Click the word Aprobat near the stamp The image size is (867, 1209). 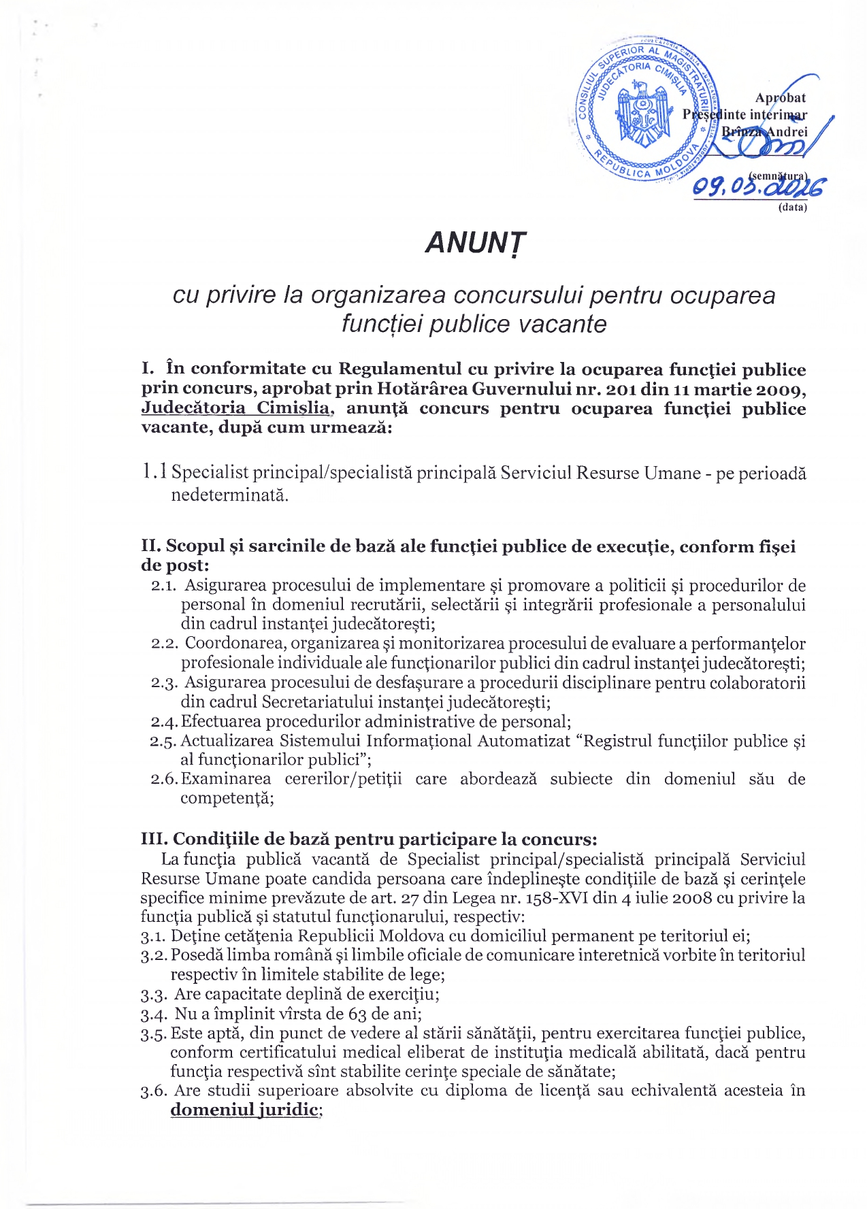point(780,98)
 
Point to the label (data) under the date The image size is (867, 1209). point(792,208)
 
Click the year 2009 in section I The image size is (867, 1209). point(776,389)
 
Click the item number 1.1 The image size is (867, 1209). point(154,471)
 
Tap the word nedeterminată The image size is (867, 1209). point(229,495)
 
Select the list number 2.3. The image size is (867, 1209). point(164,682)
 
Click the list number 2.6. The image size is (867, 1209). point(164,779)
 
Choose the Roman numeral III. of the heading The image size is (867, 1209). point(154,839)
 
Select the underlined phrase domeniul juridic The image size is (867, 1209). point(244,1110)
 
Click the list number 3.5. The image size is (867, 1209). point(154,1033)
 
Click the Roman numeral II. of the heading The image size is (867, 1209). point(151,546)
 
